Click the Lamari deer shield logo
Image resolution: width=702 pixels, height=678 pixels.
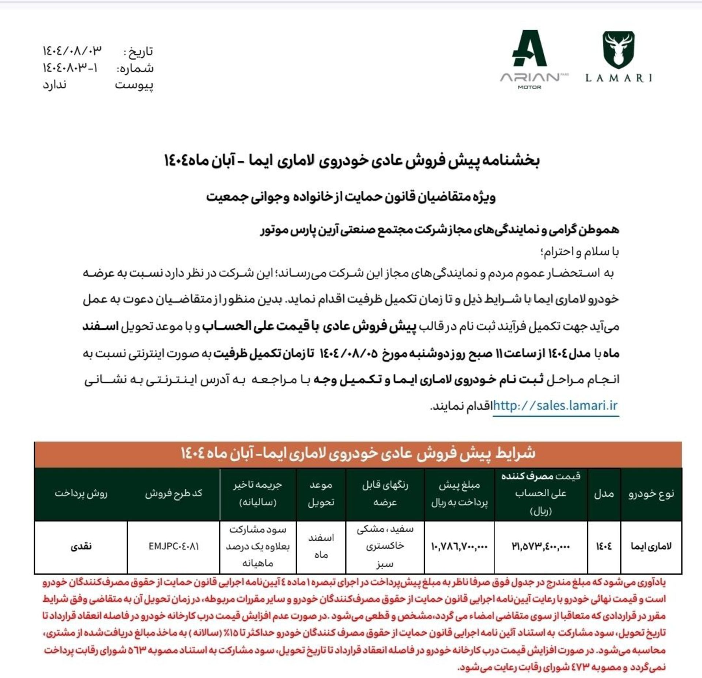(x=619, y=49)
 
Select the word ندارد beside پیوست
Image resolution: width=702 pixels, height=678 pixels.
(x=54, y=85)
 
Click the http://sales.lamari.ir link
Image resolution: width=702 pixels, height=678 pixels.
(x=555, y=405)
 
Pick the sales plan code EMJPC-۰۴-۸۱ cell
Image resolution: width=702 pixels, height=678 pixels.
(x=174, y=546)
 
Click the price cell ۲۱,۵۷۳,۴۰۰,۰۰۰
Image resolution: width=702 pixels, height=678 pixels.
(x=540, y=546)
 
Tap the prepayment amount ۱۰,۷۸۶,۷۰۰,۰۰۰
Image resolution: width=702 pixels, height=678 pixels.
(x=459, y=546)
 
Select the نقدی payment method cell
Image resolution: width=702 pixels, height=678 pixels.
(x=81, y=546)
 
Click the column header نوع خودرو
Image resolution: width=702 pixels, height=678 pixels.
(x=651, y=494)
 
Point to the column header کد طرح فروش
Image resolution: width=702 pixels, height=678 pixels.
(x=174, y=494)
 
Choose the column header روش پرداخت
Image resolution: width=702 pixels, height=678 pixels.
(x=81, y=494)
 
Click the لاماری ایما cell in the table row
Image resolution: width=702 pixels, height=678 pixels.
(x=651, y=546)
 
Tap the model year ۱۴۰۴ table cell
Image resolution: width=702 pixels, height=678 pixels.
(x=604, y=546)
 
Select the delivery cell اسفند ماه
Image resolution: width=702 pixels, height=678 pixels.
(x=321, y=546)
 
